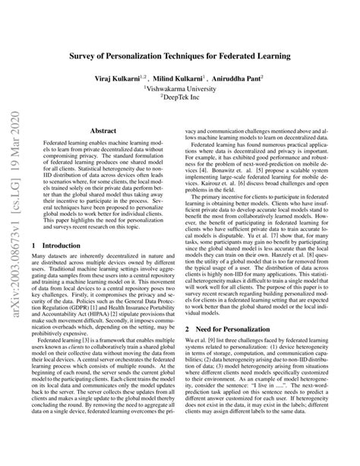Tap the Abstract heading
coord(103,132)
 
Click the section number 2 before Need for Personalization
coord(188,328)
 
